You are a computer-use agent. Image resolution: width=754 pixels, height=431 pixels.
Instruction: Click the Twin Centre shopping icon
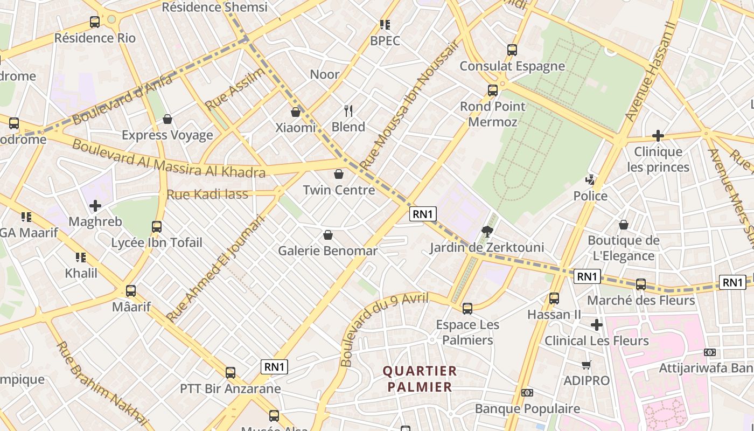pos(339,174)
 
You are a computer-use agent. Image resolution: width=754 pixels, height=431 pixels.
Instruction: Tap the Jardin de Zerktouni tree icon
pos(488,232)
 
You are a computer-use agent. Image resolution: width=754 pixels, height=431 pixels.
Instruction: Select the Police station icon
pos(591,180)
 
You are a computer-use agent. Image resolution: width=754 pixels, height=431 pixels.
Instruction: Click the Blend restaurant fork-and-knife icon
pos(348,111)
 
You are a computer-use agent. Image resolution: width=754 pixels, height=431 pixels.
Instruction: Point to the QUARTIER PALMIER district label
pos(420,379)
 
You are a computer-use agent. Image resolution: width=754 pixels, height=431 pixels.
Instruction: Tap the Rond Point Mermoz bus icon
pos(493,91)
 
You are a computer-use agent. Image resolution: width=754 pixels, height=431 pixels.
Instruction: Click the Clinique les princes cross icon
pos(658,135)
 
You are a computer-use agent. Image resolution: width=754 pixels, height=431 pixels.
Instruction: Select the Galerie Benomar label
pos(327,251)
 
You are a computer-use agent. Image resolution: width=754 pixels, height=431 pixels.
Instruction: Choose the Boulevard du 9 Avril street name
pos(383,326)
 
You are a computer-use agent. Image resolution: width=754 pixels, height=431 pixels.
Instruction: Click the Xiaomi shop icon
pos(295,112)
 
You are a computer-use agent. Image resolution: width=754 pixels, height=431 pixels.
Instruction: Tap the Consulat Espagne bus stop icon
pos(512,50)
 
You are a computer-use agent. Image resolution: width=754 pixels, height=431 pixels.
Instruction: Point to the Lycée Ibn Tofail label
pos(157,242)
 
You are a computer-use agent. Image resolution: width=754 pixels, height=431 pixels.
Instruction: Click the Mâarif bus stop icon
pos(131,291)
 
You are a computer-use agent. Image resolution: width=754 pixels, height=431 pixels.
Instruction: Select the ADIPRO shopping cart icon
pos(587,365)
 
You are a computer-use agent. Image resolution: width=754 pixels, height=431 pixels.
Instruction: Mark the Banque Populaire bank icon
pos(527,393)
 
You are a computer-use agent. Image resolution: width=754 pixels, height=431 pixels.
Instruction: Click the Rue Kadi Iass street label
pos(207,194)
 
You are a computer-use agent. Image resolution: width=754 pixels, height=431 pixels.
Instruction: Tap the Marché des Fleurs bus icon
pos(641,284)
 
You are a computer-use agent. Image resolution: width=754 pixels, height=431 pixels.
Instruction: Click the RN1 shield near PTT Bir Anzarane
pos(275,367)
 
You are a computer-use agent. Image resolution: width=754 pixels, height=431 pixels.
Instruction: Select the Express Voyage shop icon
pos(167,119)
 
